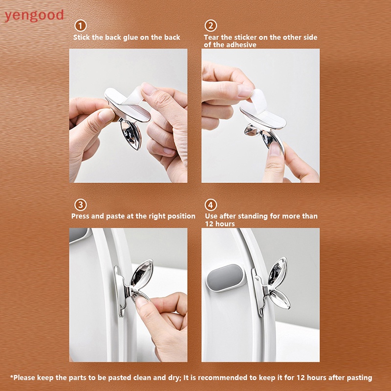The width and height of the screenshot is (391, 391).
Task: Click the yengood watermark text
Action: point(34,15)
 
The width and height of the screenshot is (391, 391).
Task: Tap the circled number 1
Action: point(80,26)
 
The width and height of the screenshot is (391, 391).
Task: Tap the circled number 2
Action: point(211,26)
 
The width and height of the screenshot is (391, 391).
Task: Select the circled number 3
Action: point(80,204)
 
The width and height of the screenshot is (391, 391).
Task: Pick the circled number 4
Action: point(211,204)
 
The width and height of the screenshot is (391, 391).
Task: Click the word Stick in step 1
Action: point(82,37)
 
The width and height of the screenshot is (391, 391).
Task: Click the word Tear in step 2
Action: point(212,37)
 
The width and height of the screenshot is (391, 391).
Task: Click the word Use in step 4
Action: point(211,216)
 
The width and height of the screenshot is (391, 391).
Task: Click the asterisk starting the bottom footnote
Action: point(12,377)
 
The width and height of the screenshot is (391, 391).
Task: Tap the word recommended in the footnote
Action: point(240,377)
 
